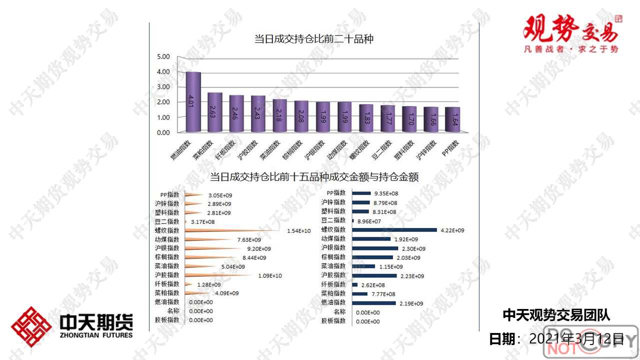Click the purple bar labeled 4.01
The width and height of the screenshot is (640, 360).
click(193, 102)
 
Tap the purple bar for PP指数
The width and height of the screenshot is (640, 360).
click(452, 119)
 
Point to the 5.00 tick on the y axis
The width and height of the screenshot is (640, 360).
click(163, 56)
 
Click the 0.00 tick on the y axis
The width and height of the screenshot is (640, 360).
click(163, 132)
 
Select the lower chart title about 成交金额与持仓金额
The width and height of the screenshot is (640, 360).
click(314, 176)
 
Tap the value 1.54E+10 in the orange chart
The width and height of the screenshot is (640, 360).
click(299, 231)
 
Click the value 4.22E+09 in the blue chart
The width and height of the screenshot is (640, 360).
click(452, 230)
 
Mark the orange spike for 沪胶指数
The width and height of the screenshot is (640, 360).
click(220, 275)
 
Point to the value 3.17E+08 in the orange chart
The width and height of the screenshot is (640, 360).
click(202, 221)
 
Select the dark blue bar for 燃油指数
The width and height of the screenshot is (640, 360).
click(373, 303)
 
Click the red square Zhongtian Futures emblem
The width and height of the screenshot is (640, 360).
click(31, 326)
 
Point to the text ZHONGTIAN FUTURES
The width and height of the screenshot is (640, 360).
click(96, 335)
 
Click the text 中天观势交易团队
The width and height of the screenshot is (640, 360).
click(556, 315)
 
